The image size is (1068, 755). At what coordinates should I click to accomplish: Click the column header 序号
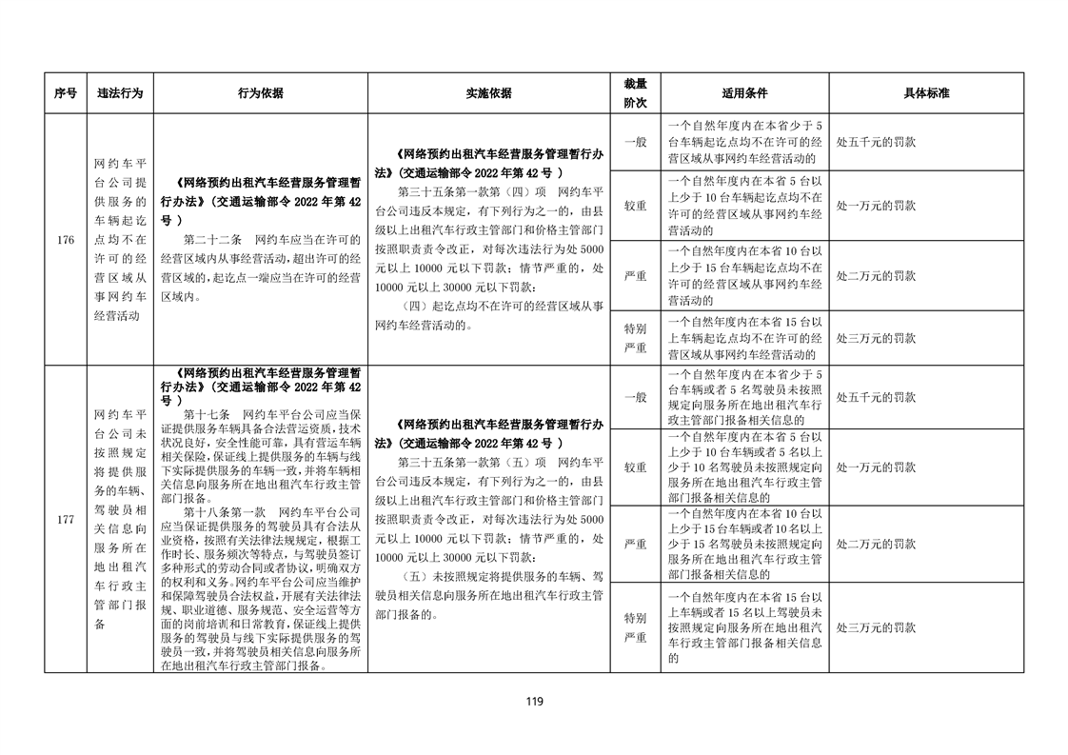pyautogui.click(x=65, y=93)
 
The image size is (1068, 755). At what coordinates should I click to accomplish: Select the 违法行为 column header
pyautogui.click(x=120, y=93)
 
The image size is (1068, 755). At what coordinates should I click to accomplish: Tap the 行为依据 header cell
pyautogui.click(x=260, y=93)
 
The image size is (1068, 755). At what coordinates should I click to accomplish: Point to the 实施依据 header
pyautogui.click(x=488, y=93)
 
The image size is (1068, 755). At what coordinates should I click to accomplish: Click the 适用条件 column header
pyautogui.click(x=744, y=93)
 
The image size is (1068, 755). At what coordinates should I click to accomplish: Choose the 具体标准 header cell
pyautogui.click(x=926, y=93)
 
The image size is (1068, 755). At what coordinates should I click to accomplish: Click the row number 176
pyautogui.click(x=65, y=240)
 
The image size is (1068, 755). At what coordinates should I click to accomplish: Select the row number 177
pyautogui.click(x=65, y=520)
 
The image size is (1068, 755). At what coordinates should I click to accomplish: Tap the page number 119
pyautogui.click(x=534, y=703)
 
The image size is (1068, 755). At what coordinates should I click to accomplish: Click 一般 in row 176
pyautogui.click(x=635, y=142)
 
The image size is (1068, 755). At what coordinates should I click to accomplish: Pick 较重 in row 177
pyautogui.click(x=635, y=467)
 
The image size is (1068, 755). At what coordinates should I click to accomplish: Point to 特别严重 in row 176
pyautogui.click(x=635, y=338)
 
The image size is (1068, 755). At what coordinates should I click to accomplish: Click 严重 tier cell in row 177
pyautogui.click(x=635, y=544)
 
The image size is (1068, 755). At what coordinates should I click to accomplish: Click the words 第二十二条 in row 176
pyautogui.click(x=214, y=239)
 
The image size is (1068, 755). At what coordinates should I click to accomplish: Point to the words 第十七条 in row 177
pyautogui.click(x=207, y=415)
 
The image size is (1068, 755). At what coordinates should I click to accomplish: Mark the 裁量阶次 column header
pyautogui.click(x=635, y=93)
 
